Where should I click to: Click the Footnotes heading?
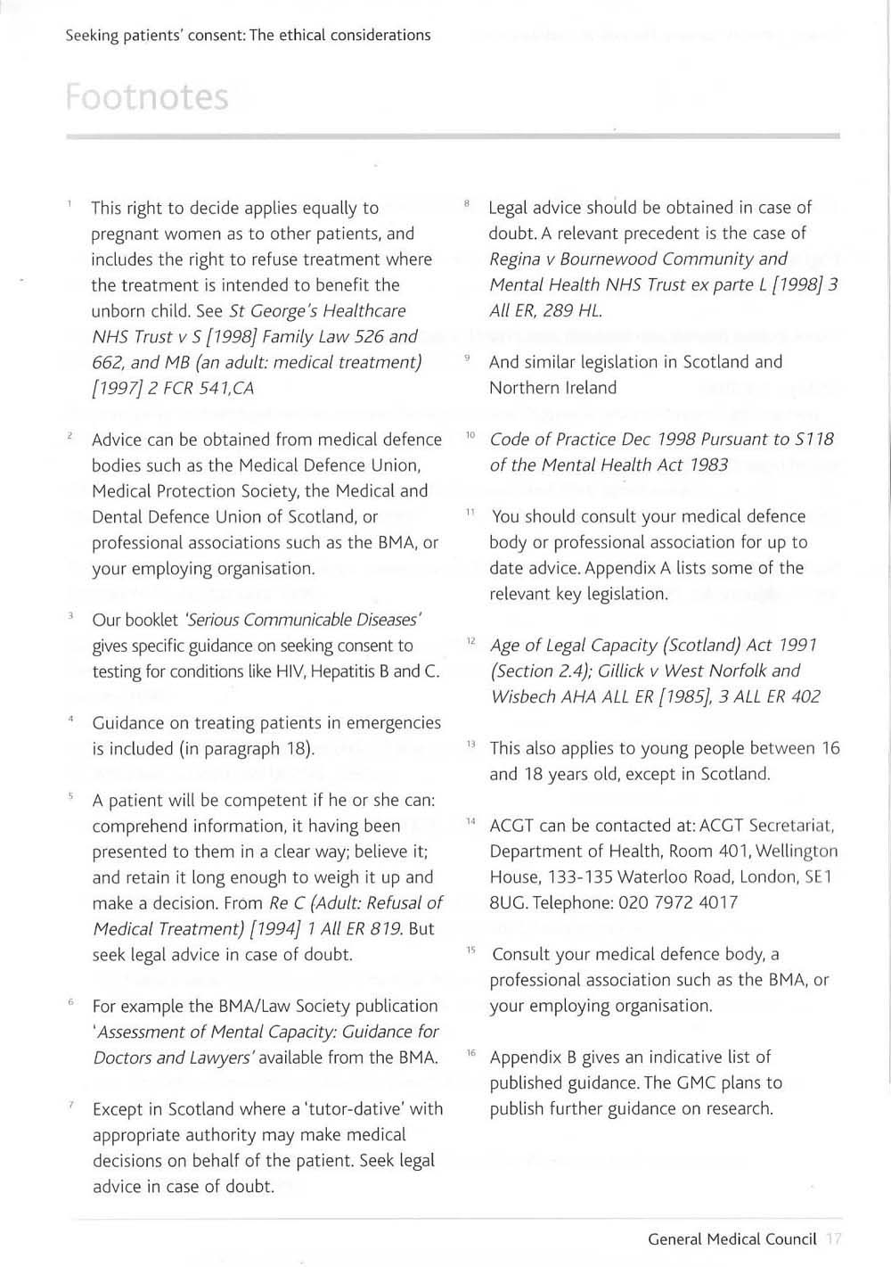(147, 97)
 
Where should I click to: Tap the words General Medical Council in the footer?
(732, 1238)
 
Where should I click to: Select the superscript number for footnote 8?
(467, 203)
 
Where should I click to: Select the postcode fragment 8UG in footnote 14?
(508, 902)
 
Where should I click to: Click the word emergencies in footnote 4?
(394, 723)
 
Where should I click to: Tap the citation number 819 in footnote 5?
(385, 928)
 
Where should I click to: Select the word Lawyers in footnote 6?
(222, 1058)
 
